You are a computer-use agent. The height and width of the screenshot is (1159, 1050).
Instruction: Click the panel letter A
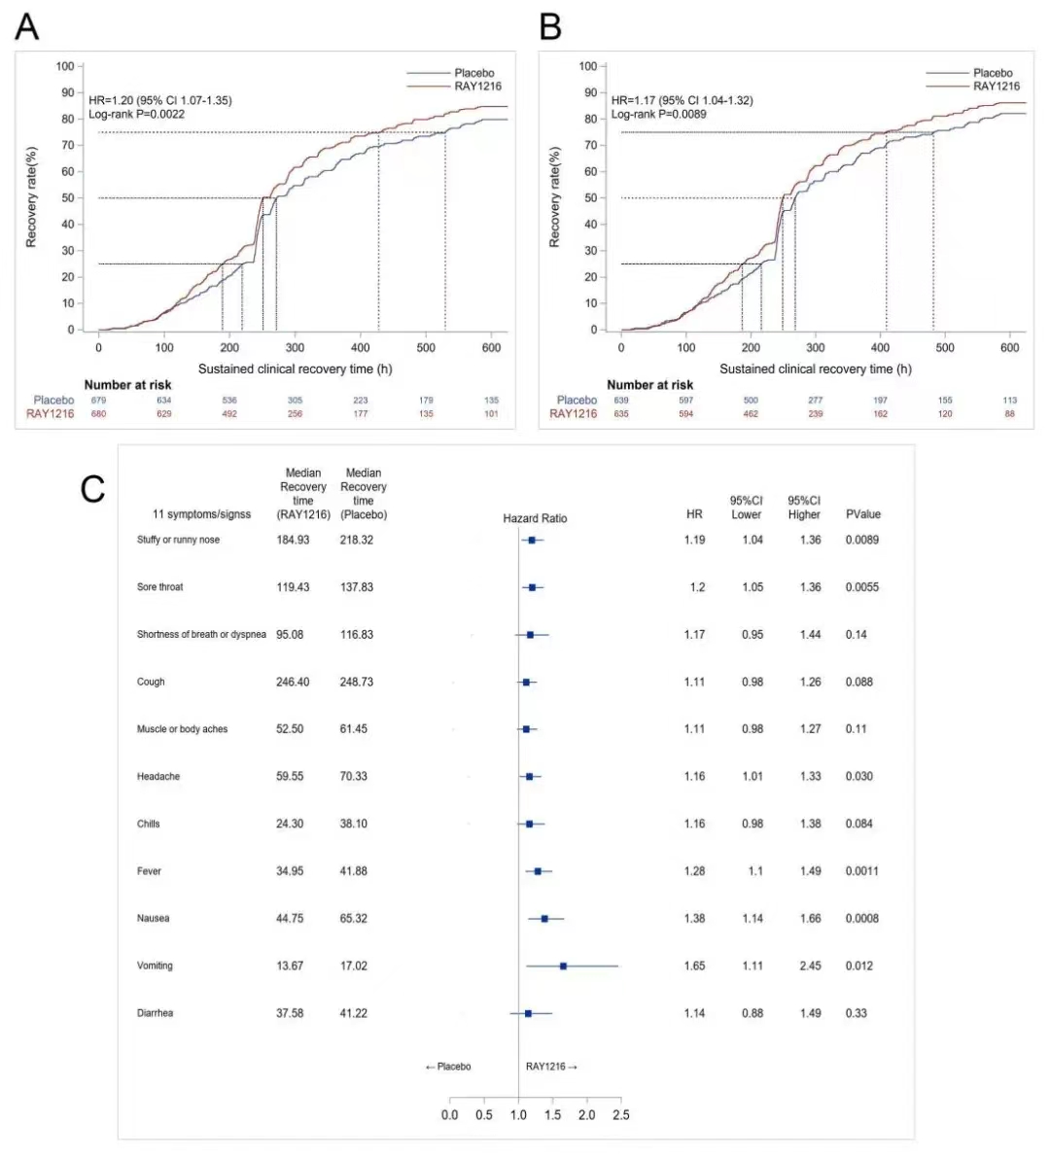point(27,26)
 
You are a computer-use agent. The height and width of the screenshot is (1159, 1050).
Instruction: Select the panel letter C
point(92,488)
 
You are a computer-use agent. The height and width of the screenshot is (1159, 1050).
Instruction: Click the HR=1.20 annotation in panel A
point(160,100)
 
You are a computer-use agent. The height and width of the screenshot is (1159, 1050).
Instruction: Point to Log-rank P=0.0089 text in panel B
point(658,114)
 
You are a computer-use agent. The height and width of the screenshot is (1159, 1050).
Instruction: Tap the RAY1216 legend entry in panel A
point(477,87)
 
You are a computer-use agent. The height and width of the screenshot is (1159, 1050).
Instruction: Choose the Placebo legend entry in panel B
point(993,73)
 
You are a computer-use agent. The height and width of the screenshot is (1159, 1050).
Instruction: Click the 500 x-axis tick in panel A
point(426,347)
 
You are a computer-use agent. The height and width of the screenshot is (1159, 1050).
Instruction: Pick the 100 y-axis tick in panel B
point(587,66)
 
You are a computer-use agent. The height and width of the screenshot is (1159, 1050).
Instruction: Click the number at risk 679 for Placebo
point(98,400)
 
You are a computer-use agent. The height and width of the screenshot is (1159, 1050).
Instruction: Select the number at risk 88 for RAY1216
point(1009,413)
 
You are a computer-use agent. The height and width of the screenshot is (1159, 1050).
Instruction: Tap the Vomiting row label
point(155,966)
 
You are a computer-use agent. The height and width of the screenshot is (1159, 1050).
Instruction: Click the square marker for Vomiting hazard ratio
point(563,966)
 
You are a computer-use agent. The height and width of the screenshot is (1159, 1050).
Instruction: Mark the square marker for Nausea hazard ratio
point(544,918)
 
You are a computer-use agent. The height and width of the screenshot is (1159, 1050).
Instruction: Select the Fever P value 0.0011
point(861,871)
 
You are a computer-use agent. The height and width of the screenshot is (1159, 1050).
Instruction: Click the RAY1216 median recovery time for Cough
point(293,682)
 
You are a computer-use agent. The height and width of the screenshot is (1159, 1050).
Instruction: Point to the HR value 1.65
point(694,966)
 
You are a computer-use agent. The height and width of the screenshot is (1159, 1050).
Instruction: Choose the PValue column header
point(862,514)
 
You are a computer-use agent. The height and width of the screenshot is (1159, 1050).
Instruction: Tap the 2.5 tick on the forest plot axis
point(620,1114)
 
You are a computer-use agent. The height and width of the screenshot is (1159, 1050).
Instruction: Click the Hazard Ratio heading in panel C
point(535,518)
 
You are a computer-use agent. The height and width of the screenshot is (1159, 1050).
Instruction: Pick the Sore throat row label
point(159,587)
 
